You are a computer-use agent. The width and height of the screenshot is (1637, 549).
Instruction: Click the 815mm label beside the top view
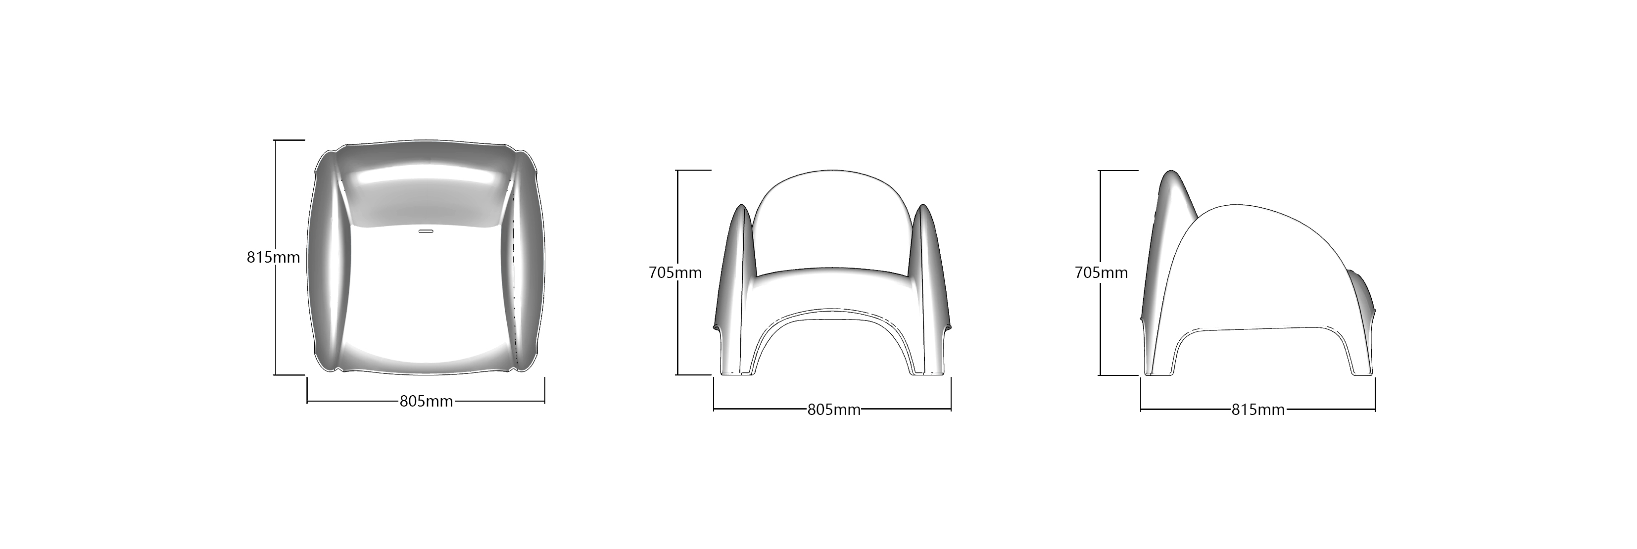[273, 257]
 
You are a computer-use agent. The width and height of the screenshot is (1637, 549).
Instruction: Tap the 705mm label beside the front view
[675, 273]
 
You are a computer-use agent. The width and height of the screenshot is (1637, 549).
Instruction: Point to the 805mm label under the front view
[834, 410]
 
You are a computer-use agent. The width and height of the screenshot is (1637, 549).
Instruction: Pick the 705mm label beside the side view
[1101, 273]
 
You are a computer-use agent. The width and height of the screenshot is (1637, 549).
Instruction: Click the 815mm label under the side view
[1258, 410]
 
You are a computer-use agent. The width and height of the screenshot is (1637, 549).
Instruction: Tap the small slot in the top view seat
[426, 232]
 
